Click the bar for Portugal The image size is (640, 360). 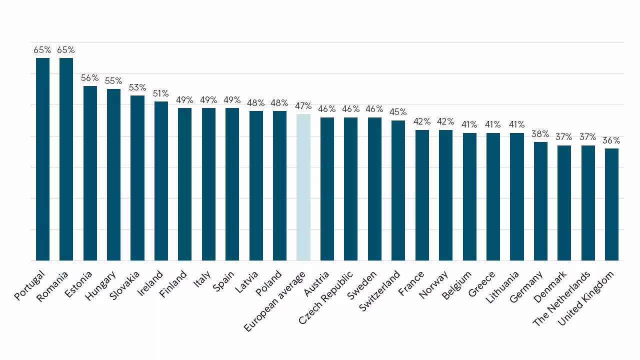tap(42, 159)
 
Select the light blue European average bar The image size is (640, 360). tap(303, 187)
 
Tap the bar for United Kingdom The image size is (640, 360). tap(611, 204)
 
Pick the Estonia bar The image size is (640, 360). tap(90, 173)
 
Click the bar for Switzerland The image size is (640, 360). tap(398, 190)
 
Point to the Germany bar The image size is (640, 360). tap(540, 201)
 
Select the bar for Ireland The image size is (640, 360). tap(161, 181)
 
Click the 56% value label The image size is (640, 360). tap(89, 77)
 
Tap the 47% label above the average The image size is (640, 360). tap(303, 106)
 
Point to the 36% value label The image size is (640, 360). tap(611, 140)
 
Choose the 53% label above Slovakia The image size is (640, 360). tap(137, 87)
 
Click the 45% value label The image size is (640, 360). tap(398, 111)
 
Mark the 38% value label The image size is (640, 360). tap(540, 133)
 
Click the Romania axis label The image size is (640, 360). tap(52, 286)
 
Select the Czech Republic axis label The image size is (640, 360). tap(325, 297)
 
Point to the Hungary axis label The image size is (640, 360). tap(100, 285)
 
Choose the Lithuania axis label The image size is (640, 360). tap(502, 287)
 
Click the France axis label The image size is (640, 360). tap(411, 283)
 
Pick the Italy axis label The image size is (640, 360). tap(202, 279)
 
